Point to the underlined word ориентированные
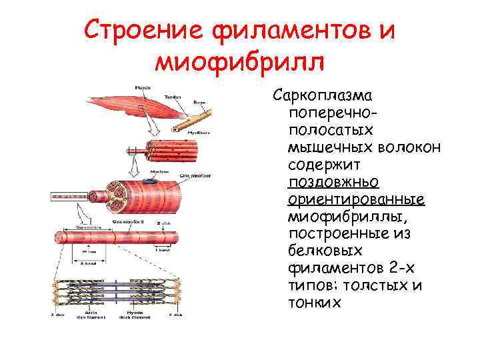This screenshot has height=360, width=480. [356, 200]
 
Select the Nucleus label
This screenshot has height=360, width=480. [158, 171]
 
